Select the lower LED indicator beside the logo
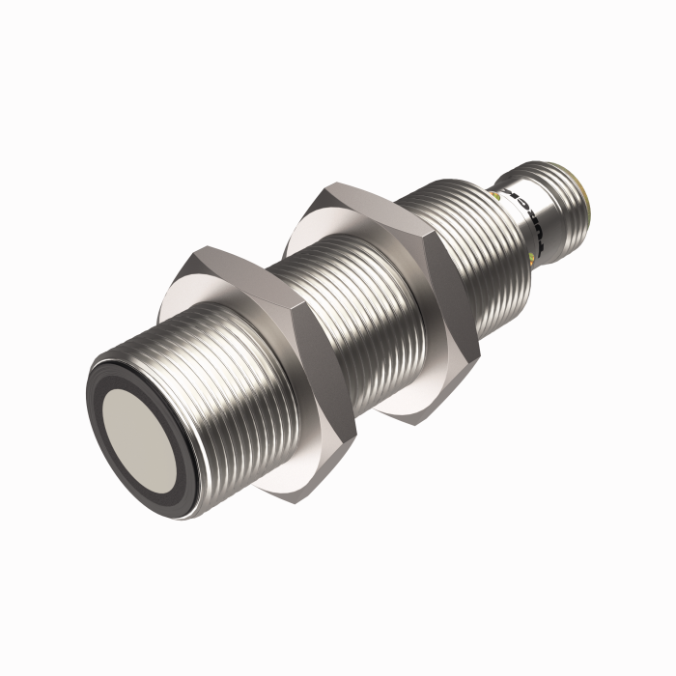533,257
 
